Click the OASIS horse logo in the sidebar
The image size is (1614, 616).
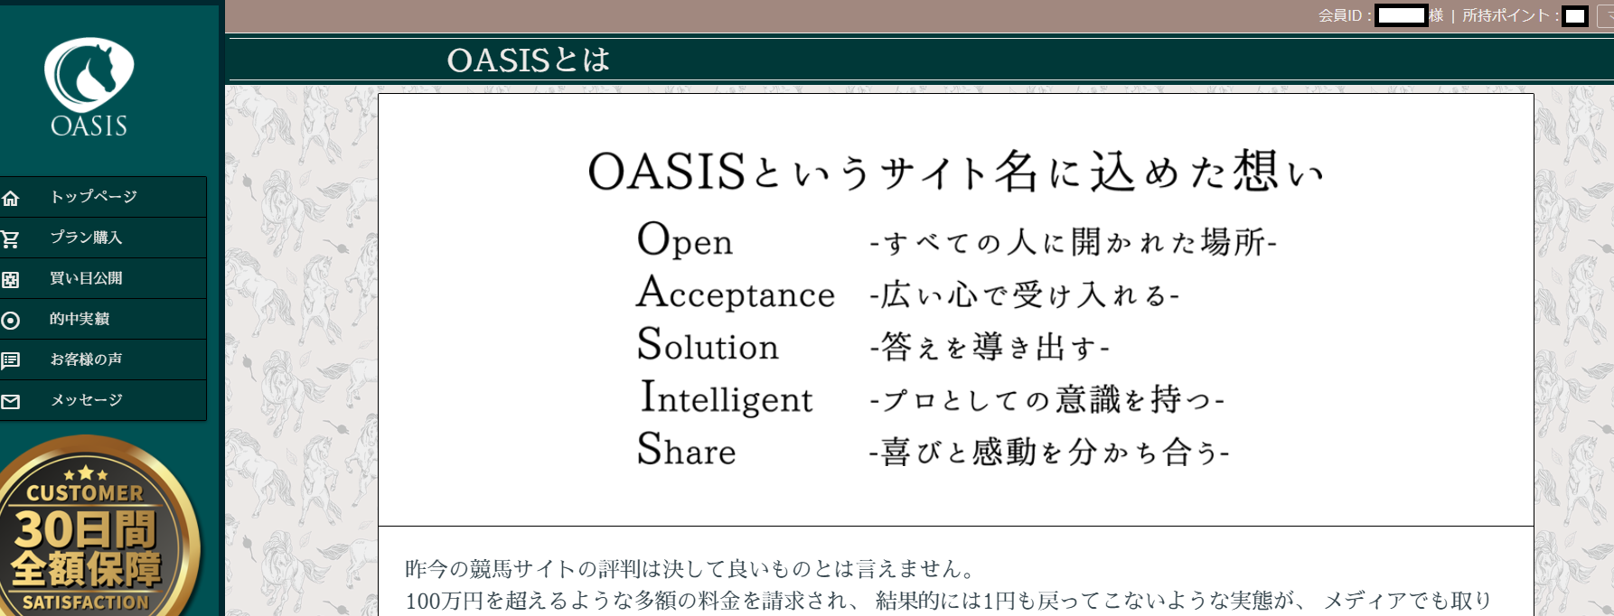[x=89, y=87]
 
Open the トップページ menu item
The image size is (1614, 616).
[x=94, y=197]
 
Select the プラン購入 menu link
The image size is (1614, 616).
[x=86, y=238]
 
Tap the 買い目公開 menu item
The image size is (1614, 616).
[x=86, y=278]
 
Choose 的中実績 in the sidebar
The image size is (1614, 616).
[x=80, y=319]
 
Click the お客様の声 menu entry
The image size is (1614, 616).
[x=86, y=359]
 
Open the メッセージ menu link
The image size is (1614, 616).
[x=87, y=400]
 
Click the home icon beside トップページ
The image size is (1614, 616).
[x=11, y=198]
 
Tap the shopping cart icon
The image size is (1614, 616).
[x=11, y=239]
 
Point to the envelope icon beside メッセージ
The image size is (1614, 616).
[x=11, y=402]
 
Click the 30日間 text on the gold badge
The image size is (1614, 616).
[x=86, y=529]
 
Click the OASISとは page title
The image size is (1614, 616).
[x=529, y=61]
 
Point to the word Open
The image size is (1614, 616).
[x=685, y=240]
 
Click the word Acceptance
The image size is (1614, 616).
[x=736, y=293]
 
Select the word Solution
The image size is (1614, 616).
[x=708, y=345]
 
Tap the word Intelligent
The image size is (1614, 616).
[x=727, y=397]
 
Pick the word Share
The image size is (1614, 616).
[x=687, y=449]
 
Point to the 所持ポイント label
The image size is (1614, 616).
[x=1506, y=15]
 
